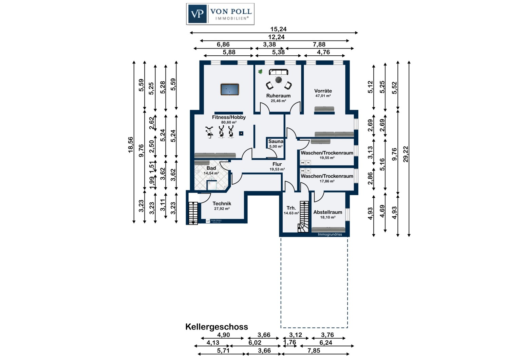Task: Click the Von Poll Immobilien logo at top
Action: coord(220,14)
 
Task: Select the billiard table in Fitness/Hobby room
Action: coord(230,90)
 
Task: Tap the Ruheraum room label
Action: coord(278,96)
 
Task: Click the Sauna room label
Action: coord(276,141)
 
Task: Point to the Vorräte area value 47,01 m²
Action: coord(323,96)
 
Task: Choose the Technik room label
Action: coord(222,203)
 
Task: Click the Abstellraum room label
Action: coord(328,212)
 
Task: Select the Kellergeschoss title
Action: coord(216,327)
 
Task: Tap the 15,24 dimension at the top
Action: coord(278,29)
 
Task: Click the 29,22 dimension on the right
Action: coord(406,154)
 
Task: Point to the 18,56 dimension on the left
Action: coord(131,145)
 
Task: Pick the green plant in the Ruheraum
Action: coord(260,72)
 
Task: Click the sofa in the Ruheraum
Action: coord(279,72)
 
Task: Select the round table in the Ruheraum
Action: coord(279,80)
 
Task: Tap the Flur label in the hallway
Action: coord(277,164)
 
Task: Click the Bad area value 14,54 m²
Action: coord(211,173)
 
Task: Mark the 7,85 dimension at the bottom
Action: coord(314,350)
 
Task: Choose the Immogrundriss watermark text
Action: coord(330,234)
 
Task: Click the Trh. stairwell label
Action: coord(291,208)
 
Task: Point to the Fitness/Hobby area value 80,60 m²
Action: coord(229,122)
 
